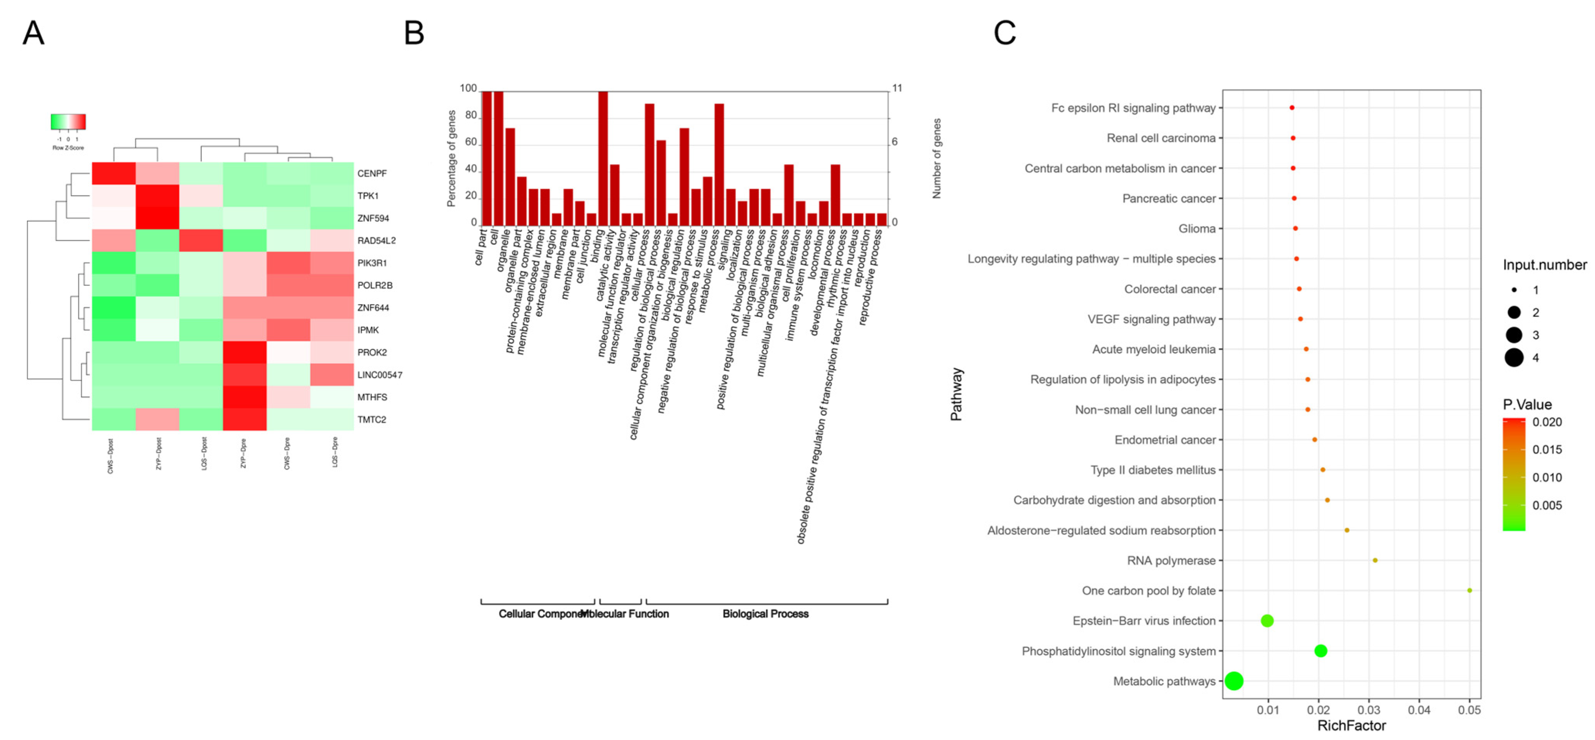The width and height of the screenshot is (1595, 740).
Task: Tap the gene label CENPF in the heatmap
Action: point(371,173)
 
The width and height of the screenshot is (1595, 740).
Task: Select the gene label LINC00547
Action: point(379,375)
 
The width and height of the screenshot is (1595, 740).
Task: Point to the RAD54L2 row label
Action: point(376,241)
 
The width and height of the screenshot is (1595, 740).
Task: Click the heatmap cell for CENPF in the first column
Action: point(114,173)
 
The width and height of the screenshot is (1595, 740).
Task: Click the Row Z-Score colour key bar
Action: point(68,121)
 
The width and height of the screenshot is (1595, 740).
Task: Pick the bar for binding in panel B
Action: point(602,158)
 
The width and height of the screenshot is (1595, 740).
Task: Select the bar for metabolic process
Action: point(719,164)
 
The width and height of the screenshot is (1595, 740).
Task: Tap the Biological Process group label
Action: point(765,614)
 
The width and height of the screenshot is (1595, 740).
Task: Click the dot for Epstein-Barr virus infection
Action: point(1267,621)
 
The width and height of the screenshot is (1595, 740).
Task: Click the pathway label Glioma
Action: point(1197,229)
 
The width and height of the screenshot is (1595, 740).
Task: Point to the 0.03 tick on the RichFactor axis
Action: point(1368,710)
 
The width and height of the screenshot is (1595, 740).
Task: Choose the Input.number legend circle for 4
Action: point(1514,358)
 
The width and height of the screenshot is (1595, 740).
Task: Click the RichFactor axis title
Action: point(1351,726)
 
